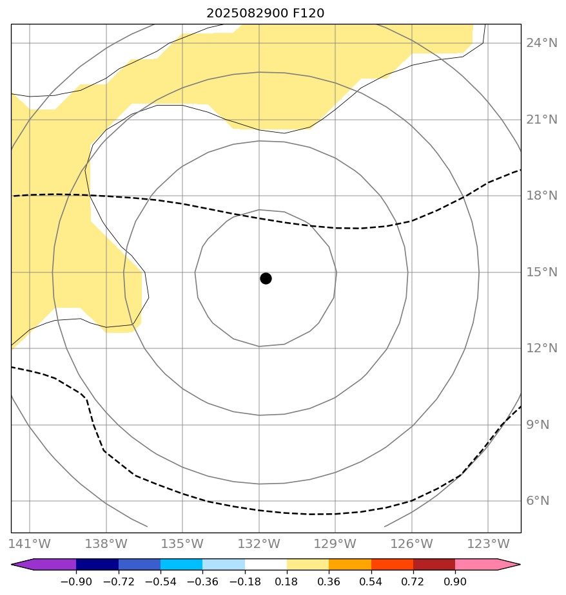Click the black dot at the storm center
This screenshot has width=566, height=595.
266,278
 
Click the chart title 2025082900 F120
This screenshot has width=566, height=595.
265,13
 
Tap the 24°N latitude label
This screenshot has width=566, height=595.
542,43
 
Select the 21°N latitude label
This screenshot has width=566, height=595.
542,120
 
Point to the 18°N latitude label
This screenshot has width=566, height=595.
542,196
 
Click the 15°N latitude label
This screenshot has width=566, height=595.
542,272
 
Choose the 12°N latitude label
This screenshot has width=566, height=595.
542,348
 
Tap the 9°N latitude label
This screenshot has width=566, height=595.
539,425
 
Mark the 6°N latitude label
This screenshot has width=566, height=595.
539,501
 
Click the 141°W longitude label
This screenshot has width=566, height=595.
30,543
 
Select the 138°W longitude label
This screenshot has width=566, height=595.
106,543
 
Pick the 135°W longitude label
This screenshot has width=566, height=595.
182,543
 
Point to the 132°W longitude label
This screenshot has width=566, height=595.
259,543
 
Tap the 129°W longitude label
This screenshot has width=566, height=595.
335,543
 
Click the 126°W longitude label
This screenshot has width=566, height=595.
411,543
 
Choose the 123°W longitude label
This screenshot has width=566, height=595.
487,543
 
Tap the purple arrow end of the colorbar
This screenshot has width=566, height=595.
22,565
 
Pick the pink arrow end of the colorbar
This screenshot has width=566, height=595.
509,565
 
